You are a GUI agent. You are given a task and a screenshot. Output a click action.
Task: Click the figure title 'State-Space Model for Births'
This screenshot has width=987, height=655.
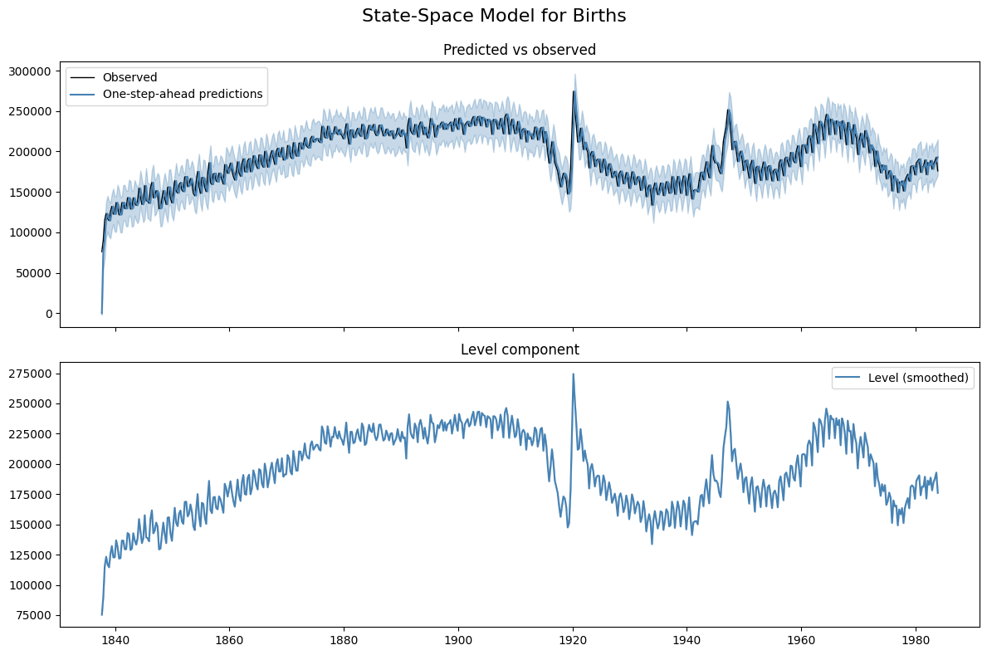(494, 16)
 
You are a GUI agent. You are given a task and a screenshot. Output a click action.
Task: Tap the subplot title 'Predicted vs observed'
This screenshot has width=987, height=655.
(520, 50)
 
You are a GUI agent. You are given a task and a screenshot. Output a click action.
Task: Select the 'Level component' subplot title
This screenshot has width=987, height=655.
(520, 349)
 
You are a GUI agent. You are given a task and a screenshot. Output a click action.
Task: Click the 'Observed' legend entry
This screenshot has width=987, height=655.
(129, 77)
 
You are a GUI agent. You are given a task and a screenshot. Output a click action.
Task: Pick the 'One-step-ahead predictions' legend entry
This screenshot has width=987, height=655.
(183, 94)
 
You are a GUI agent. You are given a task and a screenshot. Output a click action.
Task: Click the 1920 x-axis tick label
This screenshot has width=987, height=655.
(573, 641)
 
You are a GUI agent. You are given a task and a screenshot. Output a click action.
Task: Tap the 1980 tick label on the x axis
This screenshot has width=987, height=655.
(916, 641)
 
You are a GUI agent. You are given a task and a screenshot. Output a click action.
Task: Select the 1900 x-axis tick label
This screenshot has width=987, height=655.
(458, 641)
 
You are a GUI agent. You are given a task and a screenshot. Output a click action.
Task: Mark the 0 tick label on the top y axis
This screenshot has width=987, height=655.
(49, 314)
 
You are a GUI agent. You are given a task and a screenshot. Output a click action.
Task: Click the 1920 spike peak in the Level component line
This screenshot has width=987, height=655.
(573, 374)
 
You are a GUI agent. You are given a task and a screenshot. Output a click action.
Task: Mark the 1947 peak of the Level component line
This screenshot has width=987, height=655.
(728, 402)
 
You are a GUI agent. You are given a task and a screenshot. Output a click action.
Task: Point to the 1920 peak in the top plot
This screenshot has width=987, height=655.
(573, 91)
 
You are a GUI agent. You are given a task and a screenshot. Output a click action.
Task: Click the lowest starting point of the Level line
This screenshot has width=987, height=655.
(102, 615)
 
